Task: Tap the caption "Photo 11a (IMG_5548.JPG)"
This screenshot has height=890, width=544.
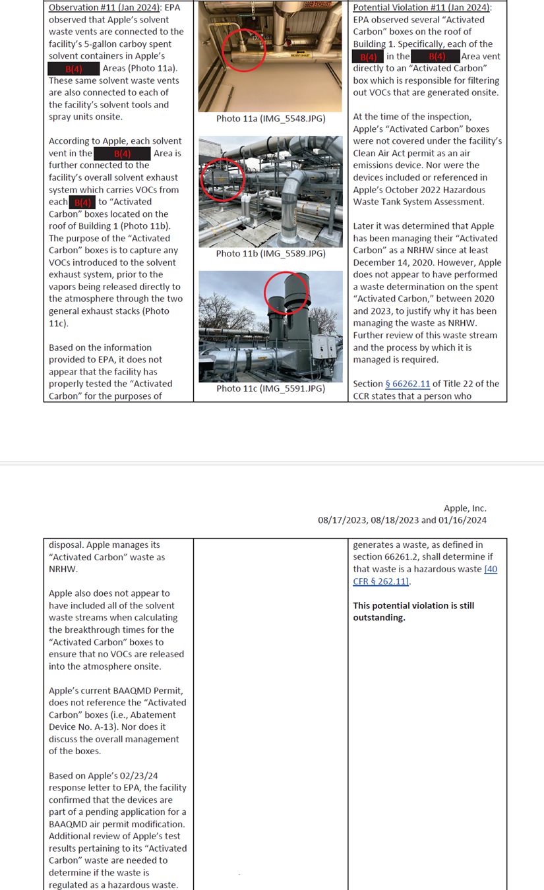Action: [270, 119]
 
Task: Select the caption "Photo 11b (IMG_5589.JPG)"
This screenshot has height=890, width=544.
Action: [270, 253]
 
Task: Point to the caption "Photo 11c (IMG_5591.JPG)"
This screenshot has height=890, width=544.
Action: [270, 388]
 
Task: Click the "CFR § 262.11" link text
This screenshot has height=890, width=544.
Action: [381, 581]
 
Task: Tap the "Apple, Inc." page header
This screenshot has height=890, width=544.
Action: [465, 508]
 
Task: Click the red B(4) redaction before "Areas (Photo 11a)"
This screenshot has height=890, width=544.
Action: [74, 69]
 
